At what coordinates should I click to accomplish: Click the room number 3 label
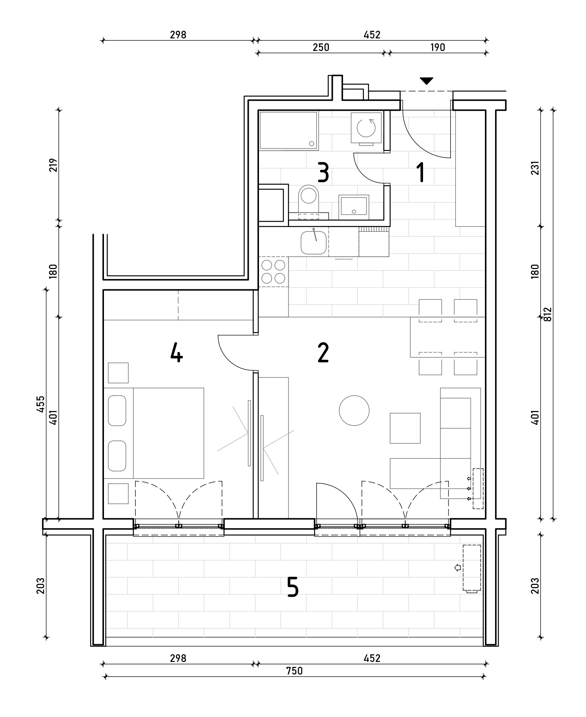(323, 172)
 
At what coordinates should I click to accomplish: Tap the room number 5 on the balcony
(293, 587)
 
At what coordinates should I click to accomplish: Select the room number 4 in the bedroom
(176, 353)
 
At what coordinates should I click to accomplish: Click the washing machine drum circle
(366, 128)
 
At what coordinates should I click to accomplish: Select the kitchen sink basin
(314, 243)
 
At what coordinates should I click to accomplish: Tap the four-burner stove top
(273, 272)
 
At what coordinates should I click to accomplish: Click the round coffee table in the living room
(354, 410)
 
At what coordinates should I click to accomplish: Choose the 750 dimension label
(294, 671)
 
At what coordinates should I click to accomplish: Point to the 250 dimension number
(321, 47)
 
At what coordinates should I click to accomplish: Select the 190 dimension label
(438, 47)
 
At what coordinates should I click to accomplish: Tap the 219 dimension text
(53, 165)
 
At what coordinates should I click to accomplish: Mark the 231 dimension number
(535, 168)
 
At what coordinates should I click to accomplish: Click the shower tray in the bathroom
(289, 130)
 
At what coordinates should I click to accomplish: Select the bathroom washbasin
(354, 206)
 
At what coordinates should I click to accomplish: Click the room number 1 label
(420, 172)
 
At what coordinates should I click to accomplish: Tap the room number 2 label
(323, 353)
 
